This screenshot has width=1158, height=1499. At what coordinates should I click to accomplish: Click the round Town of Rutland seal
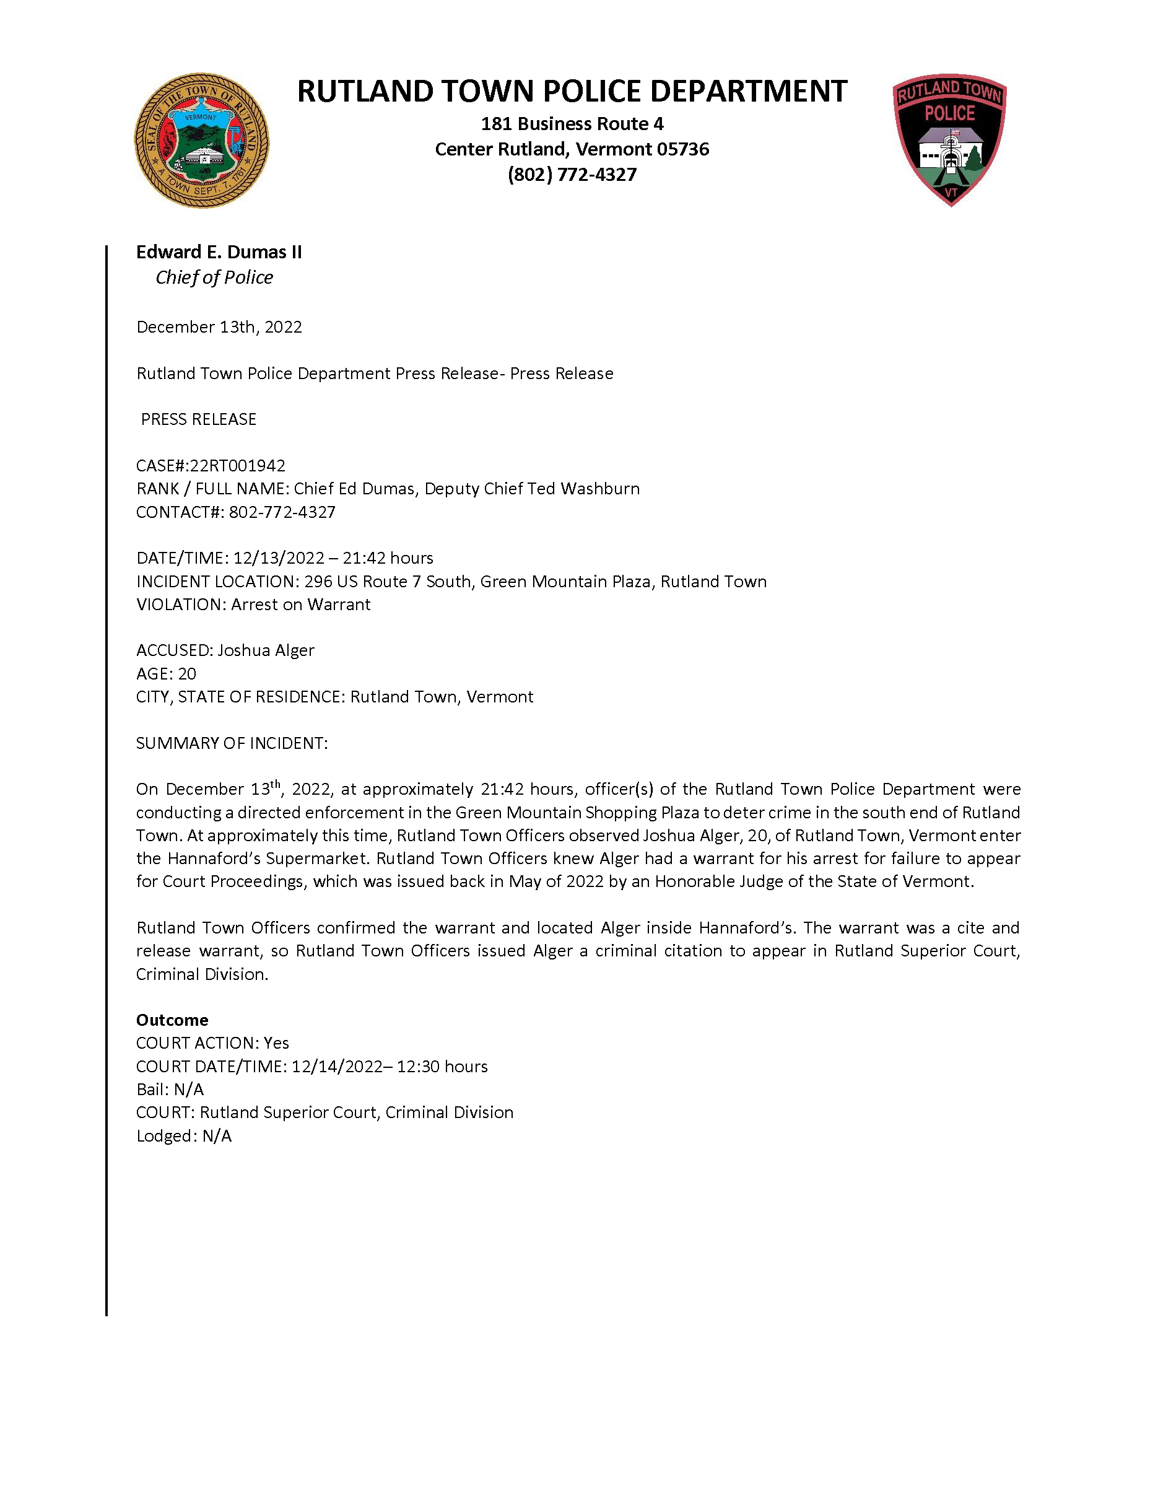click(201, 141)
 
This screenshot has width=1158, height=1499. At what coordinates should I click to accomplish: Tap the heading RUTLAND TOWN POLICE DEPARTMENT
click(572, 92)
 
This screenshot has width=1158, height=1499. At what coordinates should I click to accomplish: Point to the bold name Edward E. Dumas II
click(219, 253)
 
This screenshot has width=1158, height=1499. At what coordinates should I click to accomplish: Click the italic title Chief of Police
click(214, 278)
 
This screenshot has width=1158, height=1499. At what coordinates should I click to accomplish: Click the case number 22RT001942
click(237, 466)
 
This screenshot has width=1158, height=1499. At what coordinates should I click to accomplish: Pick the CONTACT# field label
click(180, 513)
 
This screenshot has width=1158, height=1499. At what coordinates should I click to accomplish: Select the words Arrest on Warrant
click(300, 605)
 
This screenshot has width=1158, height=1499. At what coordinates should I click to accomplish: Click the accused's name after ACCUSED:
click(266, 650)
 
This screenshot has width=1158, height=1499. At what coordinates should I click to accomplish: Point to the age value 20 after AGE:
click(186, 674)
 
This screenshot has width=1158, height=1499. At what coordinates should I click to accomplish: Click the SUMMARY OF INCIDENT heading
click(232, 743)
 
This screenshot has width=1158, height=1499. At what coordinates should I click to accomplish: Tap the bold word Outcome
click(172, 1020)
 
